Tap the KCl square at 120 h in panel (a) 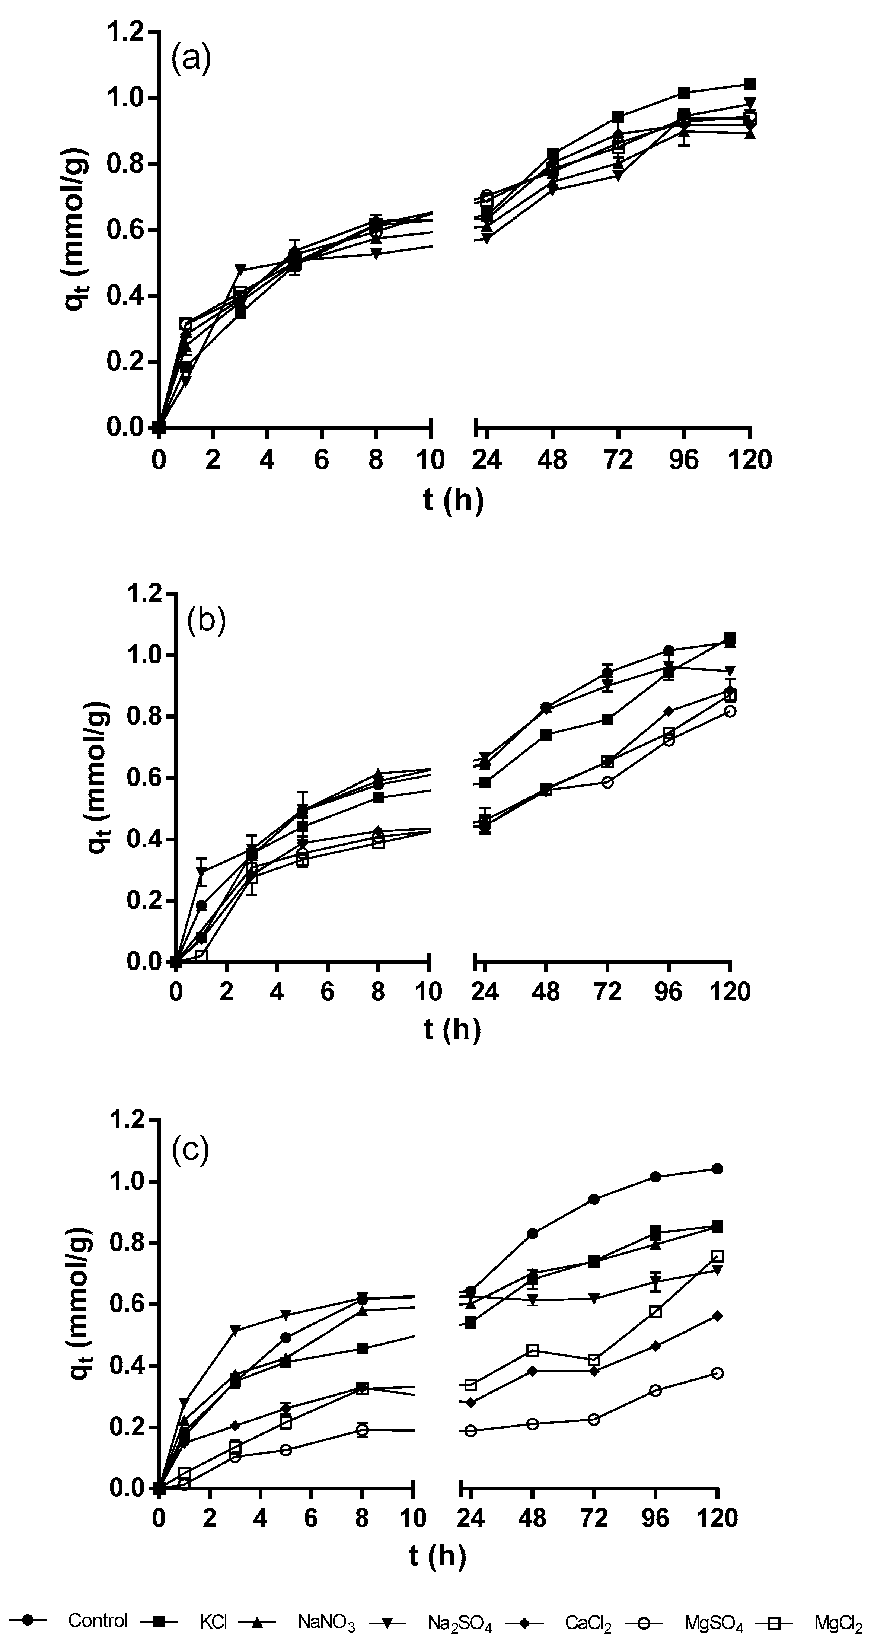click(x=750, y=84)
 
